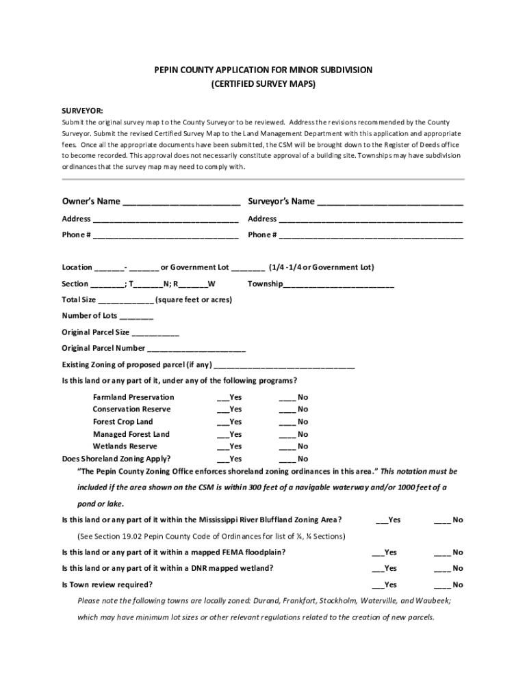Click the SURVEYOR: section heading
click(82, 110)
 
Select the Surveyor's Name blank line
click(390, 202)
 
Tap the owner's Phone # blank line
click(166, 236)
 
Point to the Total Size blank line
click(126, 301)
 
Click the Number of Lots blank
click(136, 317)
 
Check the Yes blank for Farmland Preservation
click(222, 399)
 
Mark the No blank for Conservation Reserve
click(287, 411)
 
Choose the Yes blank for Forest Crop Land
click(222, 423)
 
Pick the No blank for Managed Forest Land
click(287, 435)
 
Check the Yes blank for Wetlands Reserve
click(222, 448)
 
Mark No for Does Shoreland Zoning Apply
click(287, 460)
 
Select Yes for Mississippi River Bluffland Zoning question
click(381, 521)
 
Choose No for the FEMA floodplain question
click(441, 553)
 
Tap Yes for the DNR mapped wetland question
click(377, 569)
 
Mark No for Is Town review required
click(441, 586)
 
